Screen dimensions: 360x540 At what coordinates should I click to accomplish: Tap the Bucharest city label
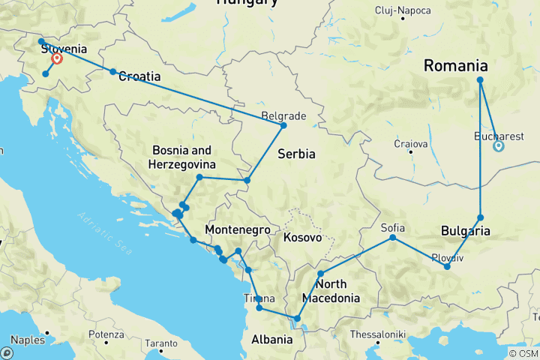tap(499, 136)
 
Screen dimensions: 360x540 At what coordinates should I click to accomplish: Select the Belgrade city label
tap(283, 116)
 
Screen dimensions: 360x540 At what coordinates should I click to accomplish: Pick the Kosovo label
tap(303, 238)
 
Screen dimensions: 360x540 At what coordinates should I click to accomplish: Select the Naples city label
tap(28, 339)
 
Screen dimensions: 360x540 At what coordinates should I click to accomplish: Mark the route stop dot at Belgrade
tap(283, 125)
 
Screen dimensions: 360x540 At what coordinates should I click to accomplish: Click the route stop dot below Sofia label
tap(393, 238)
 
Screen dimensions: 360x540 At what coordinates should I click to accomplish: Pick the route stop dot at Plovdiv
tap(447, 266)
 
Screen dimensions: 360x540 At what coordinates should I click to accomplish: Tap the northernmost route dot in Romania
tap(480, 80)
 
